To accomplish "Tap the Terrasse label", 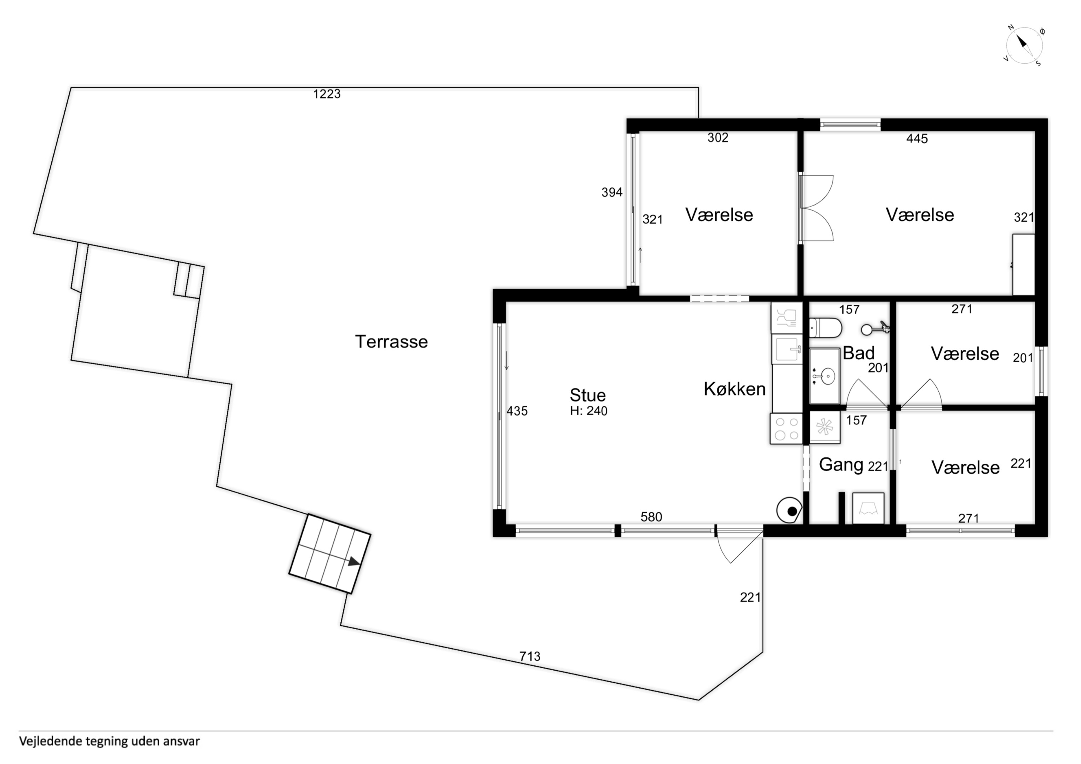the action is point(391,342).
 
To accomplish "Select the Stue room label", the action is point(588,395).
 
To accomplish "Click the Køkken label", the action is point(735,389).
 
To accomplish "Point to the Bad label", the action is point(858,353).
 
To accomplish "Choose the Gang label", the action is point(841,465).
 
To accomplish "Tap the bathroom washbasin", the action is point(824,376).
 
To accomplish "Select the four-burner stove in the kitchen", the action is point(786,428).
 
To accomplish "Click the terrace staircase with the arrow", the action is point(329,554).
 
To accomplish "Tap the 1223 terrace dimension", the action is point(327,94).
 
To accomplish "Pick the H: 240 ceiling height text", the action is point(588,411).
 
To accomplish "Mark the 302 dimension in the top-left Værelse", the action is point(718,138).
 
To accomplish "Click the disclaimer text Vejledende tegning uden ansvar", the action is point(109,741).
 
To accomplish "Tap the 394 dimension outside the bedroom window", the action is point(612,192).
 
